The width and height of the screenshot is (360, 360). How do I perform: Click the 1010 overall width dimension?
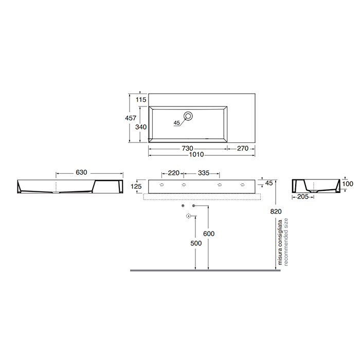[x=196, y=154]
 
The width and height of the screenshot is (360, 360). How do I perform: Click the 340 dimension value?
[x=141, y=127]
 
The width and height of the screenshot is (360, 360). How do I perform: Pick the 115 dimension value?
[x=141, y=99]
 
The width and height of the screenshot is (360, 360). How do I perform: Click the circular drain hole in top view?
[x=189, y=116]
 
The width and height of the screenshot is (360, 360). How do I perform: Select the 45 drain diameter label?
[x=177, y=122]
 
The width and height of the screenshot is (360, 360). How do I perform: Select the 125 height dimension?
[x=137, y=186]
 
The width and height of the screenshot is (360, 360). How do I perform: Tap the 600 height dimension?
[x=208, y=233]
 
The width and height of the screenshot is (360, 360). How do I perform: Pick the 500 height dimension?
[x=195, y=243]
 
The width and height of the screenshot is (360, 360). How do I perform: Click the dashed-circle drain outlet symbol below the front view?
[x=188, y=217]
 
